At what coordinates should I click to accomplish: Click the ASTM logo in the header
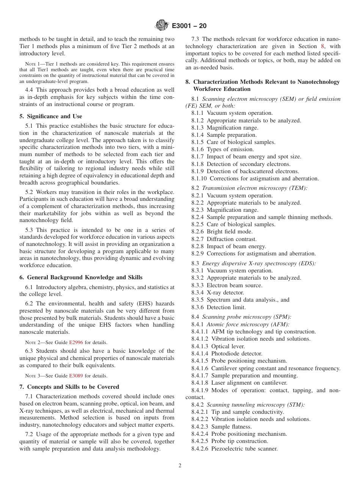coord(162,26)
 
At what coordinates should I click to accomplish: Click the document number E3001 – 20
coord(189,26)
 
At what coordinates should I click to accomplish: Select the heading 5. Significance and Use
coord(51,116)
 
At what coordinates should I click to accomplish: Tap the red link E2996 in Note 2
coord(76,342)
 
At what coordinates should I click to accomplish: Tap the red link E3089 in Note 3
coord(76,376)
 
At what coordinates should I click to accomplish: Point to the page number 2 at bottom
coord(180,466)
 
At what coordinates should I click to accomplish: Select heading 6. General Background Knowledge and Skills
coord(81,278)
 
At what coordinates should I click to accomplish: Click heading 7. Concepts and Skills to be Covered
coord(69,387)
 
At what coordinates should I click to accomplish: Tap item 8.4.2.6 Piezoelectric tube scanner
coord(234,449)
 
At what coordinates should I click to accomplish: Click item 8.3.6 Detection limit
coord(218,307)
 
